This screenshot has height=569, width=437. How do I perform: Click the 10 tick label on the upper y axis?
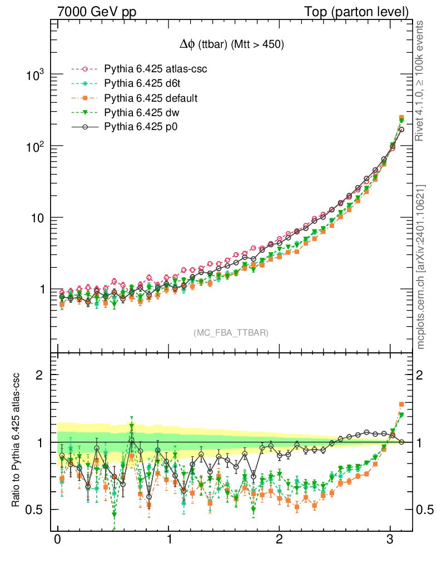[37, 218]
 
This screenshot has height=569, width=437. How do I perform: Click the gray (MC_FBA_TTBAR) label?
[231, 333]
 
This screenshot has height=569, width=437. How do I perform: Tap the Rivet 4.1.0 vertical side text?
[421, 81]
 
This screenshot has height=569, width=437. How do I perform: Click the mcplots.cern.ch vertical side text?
[421, 267]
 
